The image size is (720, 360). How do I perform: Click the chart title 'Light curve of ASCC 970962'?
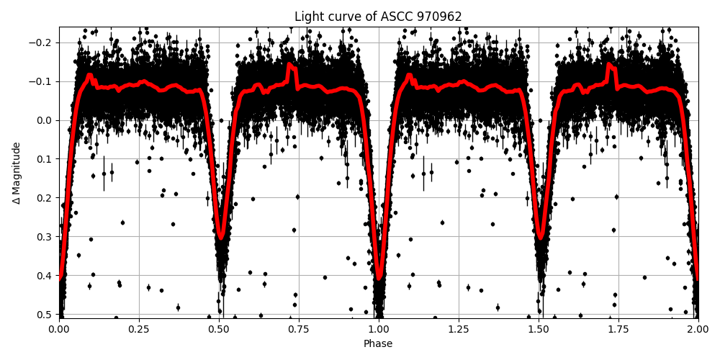378,17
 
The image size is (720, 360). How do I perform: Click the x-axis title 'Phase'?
378,343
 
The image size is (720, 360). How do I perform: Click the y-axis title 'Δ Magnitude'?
17,173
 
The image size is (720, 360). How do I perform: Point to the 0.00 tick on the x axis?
59,329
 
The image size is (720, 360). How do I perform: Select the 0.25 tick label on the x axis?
139,329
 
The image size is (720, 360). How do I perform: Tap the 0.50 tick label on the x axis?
219,329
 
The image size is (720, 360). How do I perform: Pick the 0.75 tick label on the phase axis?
299,329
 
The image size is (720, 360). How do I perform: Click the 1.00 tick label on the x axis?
379,329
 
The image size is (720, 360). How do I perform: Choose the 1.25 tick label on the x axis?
459,329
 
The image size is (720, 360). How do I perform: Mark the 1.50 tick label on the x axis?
539,329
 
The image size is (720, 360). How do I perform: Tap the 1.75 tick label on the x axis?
618,329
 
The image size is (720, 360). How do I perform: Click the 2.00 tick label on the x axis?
698,329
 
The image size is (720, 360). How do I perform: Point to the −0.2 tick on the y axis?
42,42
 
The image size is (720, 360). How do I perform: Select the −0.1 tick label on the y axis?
42,81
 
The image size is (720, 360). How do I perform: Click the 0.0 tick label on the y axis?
45,120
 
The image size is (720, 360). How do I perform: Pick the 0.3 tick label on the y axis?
45,236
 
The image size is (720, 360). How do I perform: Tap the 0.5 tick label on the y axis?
45,314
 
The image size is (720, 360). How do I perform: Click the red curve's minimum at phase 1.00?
379,277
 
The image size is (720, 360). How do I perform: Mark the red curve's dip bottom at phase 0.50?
221,237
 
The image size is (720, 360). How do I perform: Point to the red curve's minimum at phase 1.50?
541,237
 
